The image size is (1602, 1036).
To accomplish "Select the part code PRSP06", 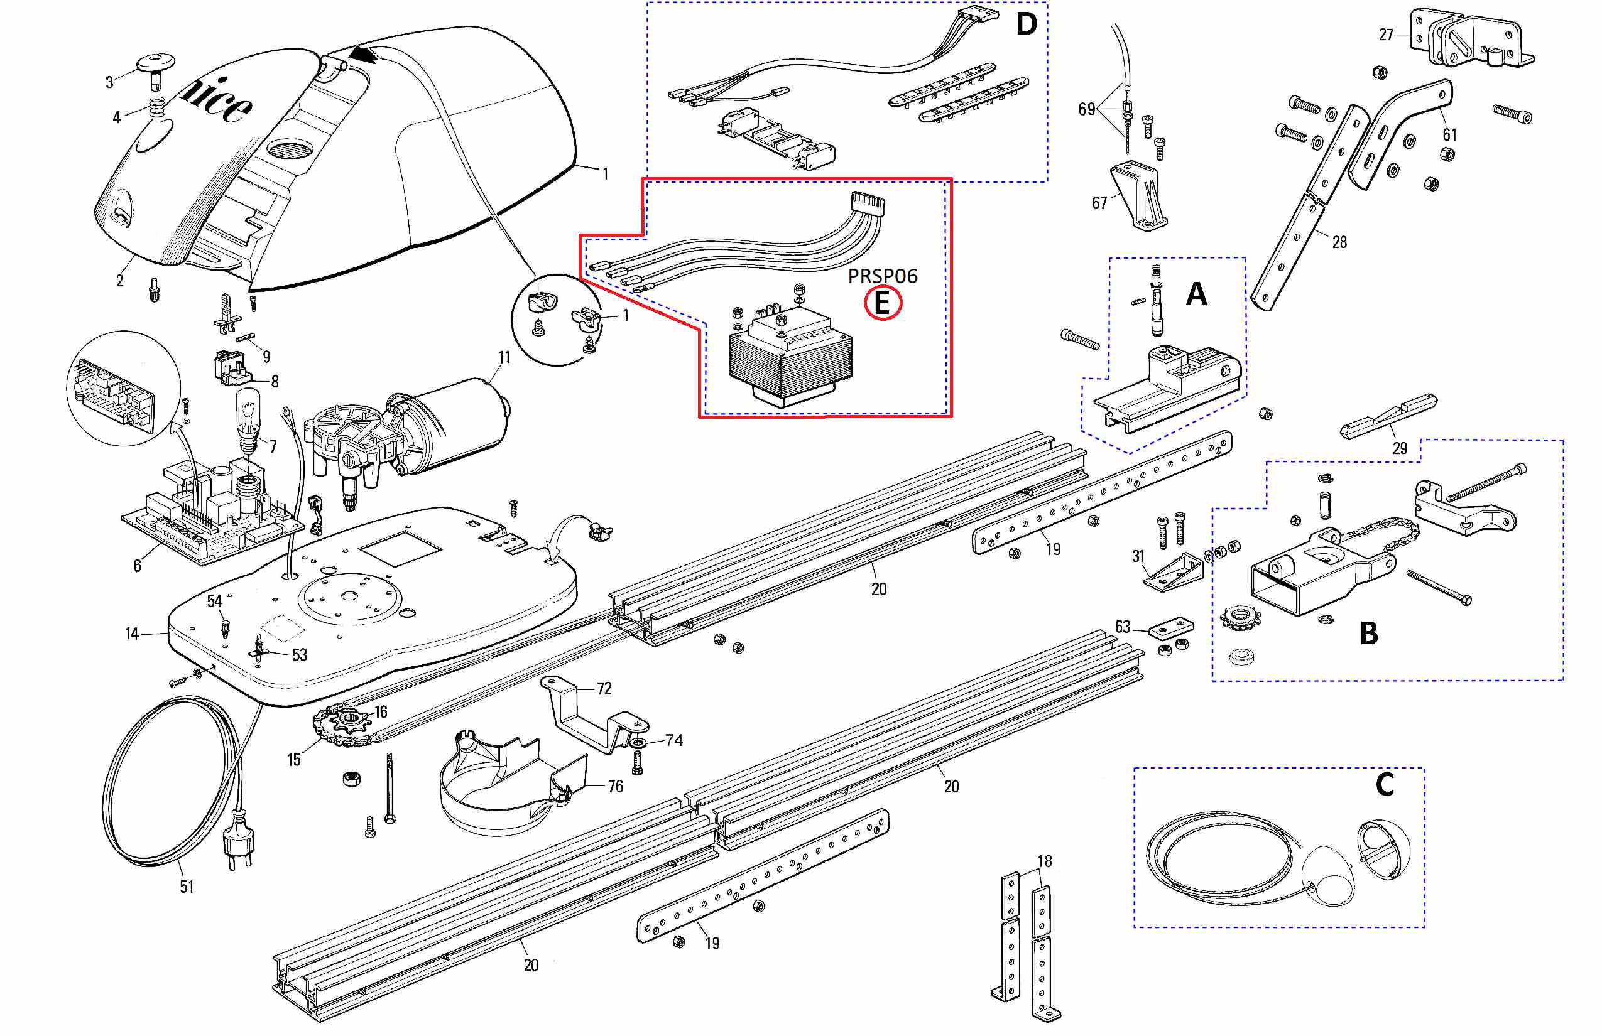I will [x=882, y=276].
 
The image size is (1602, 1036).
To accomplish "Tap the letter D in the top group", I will [x=1026, y=25].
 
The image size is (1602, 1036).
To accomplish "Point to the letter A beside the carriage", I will [x=1196, y=294].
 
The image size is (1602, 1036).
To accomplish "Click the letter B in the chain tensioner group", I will [x=1369, y=633].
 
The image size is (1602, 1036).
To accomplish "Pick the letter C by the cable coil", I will [x=1385, y=784].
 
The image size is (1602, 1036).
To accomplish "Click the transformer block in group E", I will [x=790, y=360].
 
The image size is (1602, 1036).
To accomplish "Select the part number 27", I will [x=1386, y=35].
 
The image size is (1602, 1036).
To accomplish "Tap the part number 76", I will [x=615, y=785].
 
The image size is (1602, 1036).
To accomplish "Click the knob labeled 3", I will [x=156, y=67].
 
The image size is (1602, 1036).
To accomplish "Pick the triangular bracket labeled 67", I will [x=1141, y=195].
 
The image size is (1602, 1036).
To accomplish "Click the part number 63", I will [x=1122, y=627].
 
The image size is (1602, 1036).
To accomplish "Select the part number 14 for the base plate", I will [x=132, y=634].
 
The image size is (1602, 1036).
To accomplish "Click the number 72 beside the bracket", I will [x=604, y=688].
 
